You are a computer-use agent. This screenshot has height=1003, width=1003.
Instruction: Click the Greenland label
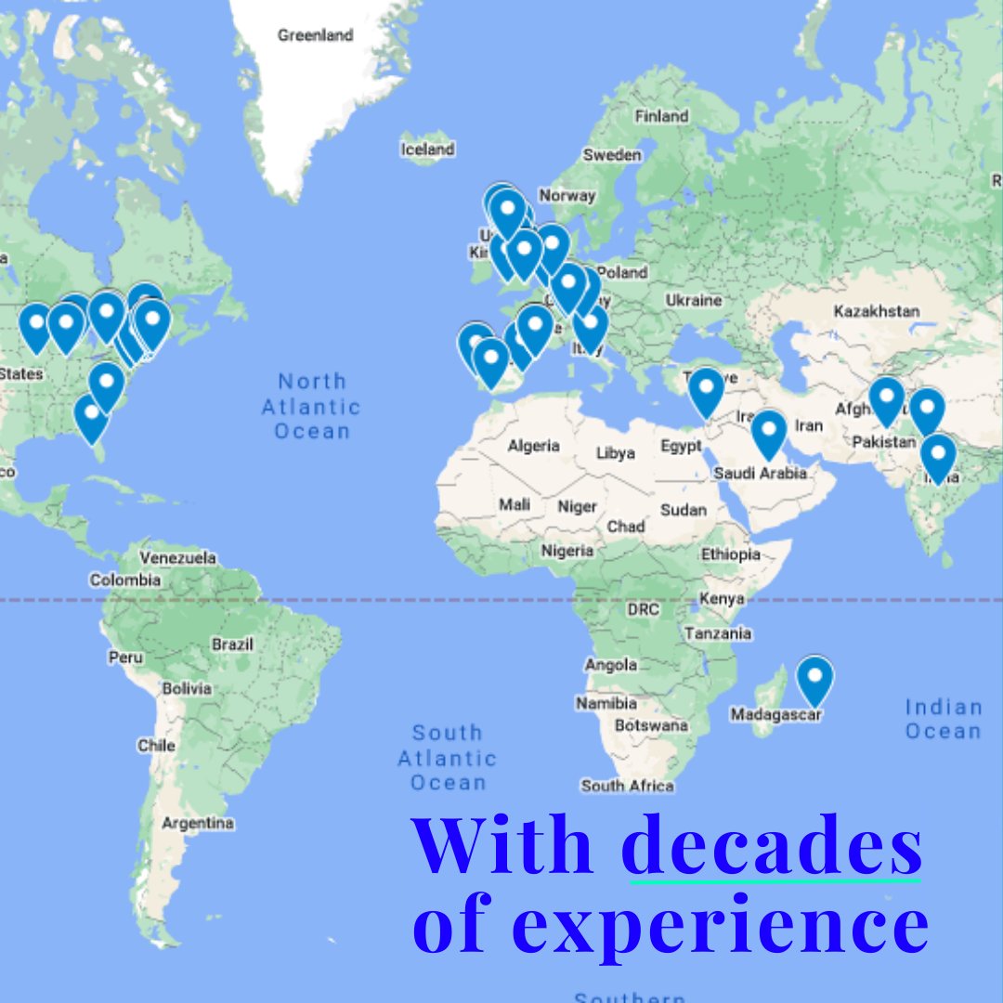tap(315, 35)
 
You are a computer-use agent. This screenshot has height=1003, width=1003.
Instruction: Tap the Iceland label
tap(427, 149)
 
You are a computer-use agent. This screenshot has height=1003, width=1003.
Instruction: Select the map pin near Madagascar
tap(814, 680)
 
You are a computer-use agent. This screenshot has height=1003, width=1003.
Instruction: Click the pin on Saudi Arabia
tap(769, 434)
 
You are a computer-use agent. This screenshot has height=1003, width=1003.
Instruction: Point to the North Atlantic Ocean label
tap(311, 406)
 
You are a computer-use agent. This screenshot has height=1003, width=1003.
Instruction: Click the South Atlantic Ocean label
tap(448, 758)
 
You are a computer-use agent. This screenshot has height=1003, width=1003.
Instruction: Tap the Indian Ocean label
tap(943, 720)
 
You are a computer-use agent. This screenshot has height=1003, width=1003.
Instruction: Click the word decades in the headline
tap(772, 845)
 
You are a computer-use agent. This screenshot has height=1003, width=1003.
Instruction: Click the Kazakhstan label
tap(876, 311)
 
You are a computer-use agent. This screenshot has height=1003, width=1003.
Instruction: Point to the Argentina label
tap(198, 823)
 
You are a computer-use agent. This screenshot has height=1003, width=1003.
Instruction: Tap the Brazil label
tap(232, 645)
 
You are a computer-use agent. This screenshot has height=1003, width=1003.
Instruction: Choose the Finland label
tap(661, 116)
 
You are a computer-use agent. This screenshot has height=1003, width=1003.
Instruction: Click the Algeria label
tap(533, 446)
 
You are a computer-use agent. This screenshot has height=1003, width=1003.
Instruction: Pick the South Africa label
tap(627, 786)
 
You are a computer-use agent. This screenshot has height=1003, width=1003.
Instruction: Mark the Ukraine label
tap(693, 300)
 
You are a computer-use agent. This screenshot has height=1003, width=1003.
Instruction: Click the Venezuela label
tap(177, 558)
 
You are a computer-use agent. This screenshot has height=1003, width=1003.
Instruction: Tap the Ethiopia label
tap(730, 554)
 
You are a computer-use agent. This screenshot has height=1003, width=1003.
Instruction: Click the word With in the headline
tap(502, 845)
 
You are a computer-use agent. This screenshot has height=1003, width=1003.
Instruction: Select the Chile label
tap(156, 745)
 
